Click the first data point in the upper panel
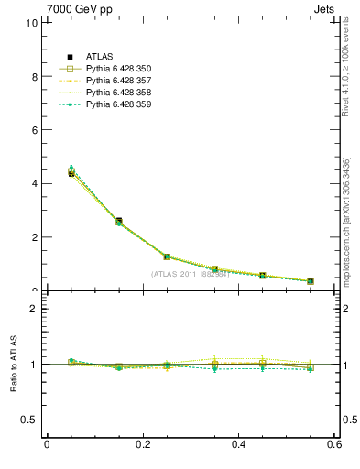pyautogui.click(x=71, y=172)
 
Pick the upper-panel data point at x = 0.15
pyautogui.click(x=119, y=222)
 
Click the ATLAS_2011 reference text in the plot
pyautogui.click(x=190, y=274)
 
